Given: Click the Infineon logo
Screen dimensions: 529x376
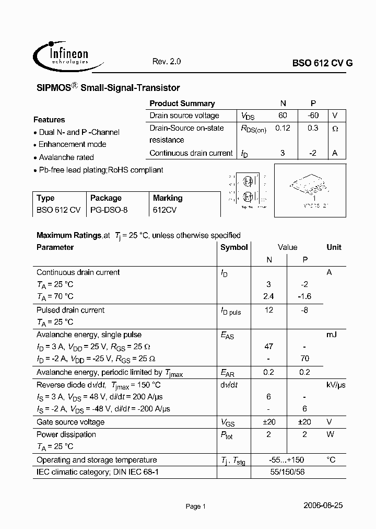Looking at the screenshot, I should pos(61,55).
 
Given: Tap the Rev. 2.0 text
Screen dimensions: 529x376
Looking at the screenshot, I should pos(166,61).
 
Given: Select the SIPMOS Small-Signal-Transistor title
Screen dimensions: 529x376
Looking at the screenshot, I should pos(108,88).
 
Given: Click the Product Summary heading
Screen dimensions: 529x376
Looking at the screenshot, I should pos(182,103).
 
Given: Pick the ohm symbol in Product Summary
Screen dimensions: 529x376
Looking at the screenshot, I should pos(335,129).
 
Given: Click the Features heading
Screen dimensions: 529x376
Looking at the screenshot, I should pos(49,120).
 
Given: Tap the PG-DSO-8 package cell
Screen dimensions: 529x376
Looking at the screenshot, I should pos(109,210).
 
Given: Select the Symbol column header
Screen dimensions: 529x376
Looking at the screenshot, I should pos(234,247).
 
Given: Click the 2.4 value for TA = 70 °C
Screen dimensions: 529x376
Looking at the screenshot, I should pos(268,296).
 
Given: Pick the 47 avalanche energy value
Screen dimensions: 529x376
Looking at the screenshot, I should pos(268,347).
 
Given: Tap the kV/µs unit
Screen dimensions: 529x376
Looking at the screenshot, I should pos(336,385).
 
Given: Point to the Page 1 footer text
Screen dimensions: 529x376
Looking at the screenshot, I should pos(196,507).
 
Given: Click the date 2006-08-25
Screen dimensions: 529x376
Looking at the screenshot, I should pos(323,505).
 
